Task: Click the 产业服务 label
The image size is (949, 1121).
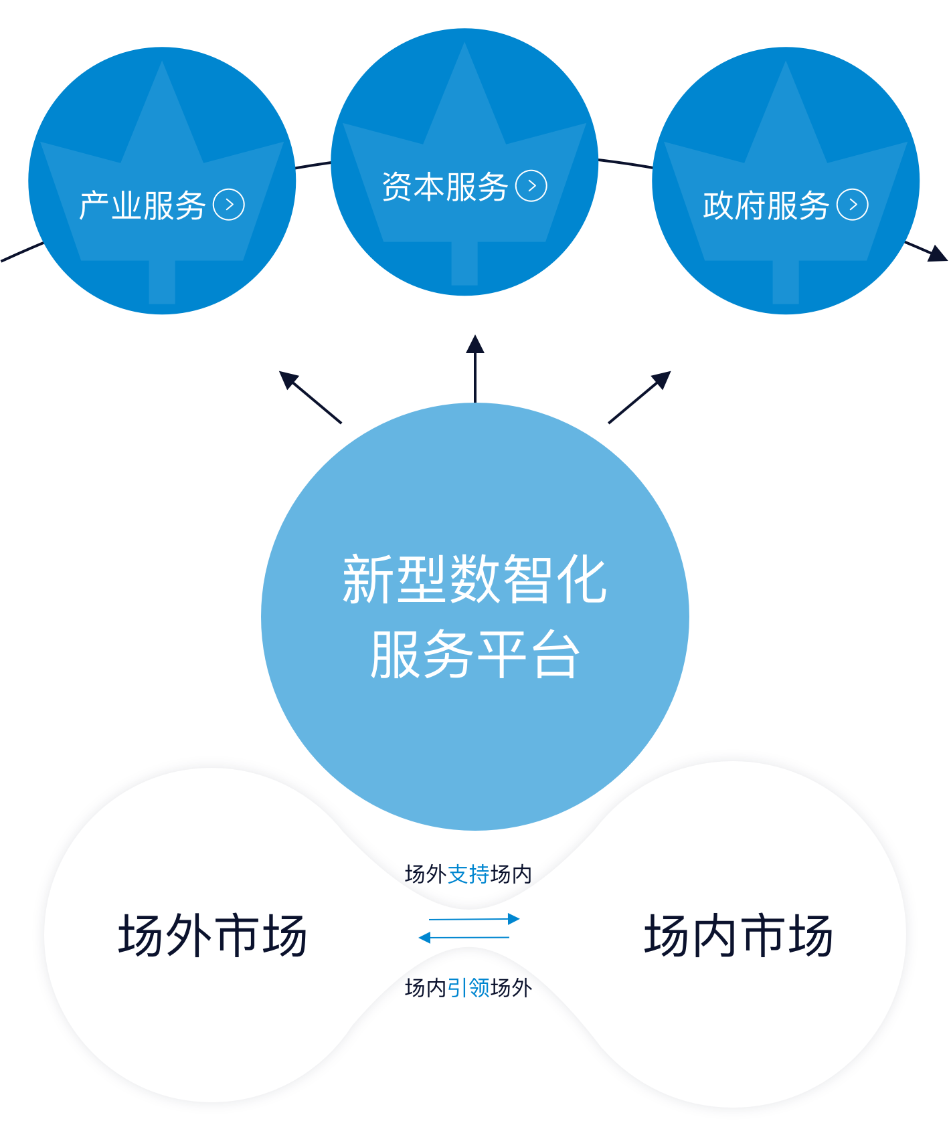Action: (x=142, y=205)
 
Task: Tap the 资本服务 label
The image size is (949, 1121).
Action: (x=445, y=187)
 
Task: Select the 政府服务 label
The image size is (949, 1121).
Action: (x=766, y=205)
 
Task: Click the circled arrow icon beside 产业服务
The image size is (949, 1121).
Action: (x=229, y=205)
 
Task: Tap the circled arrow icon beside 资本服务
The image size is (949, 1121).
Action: (x=531, y=186)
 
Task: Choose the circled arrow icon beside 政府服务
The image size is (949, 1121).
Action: (x=853, y=205)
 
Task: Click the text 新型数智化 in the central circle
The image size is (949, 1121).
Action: (x=474, y=579)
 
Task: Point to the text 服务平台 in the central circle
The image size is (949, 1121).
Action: (x=474, y=654)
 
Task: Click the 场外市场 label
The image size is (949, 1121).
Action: (x=212, y=935)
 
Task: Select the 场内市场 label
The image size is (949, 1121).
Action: (x=738, y=935)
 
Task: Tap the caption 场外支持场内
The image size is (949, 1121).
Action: (x=468, y=874)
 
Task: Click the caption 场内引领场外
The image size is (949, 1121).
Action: (x=468, y=987)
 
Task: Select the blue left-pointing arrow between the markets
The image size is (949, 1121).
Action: (x=464, y=937)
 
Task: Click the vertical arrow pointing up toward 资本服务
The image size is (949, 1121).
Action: (x=474, y=368)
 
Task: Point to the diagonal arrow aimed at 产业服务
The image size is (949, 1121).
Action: (x=309, y=397)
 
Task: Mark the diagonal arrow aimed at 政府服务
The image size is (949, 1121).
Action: (x=640, y=397)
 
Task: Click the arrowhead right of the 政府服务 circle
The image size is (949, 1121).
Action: (x=937, y=253)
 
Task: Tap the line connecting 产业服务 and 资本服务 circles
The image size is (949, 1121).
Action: (x=313, y=165)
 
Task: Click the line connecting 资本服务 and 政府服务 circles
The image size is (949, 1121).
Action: (x=625, y=163)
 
